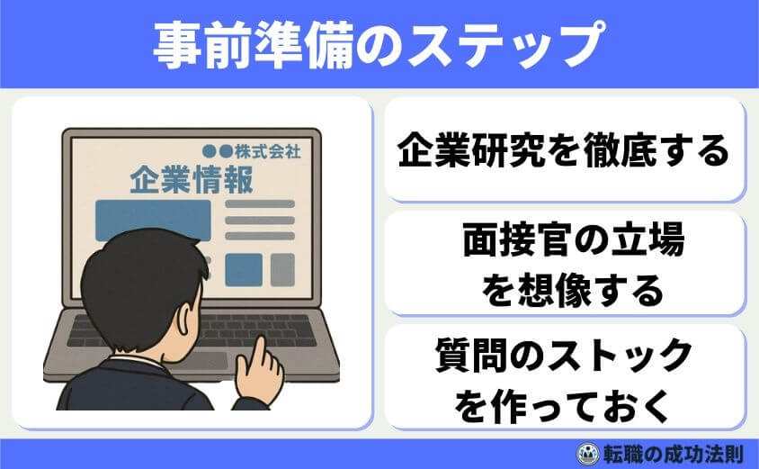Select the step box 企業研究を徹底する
(x=565, y=149)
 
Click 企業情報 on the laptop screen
(x=191, y=177)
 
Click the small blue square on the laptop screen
(x=244, y=268)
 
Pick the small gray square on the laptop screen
(x=282, y=268)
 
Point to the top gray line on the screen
(x=260, y=204)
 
